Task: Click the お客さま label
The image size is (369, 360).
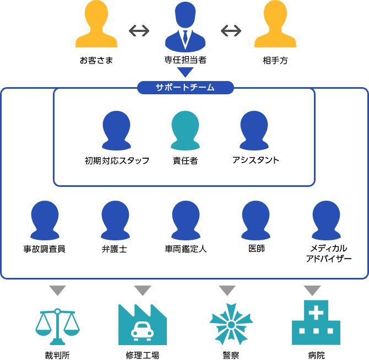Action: [96, 60]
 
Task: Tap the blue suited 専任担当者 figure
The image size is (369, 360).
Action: [185, 26]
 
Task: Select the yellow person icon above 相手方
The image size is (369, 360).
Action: [275, 24]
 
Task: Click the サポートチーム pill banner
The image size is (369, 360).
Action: [186, 88]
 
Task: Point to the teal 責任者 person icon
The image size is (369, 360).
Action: [185, 130]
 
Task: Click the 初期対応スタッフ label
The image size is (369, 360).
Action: [117, 160]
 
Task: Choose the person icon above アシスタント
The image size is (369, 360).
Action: [254, 130]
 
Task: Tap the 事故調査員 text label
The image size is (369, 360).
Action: [44, 249]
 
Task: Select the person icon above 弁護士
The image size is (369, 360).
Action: [115, 221]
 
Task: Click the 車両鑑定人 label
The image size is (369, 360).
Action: [186, 249]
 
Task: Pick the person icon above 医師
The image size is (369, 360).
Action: [256, 221]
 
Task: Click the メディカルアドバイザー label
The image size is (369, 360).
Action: [329, 254]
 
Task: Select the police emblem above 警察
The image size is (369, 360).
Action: [231, 325]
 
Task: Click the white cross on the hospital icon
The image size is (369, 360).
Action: [316, 313]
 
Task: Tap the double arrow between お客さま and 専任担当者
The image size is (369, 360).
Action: [139, 31]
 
